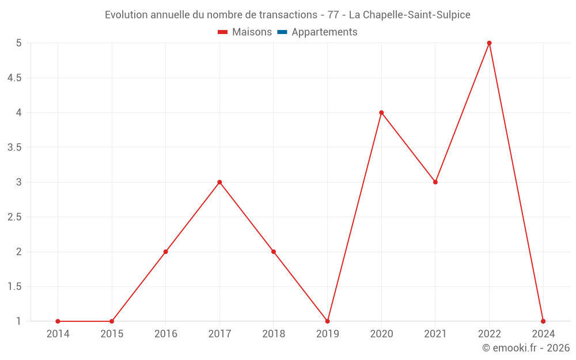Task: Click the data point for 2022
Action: click(489, 43)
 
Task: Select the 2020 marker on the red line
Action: click(381, 112)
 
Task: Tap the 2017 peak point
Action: click(219, 182)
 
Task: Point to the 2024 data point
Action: click(543, 321)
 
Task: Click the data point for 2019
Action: click(327, 321)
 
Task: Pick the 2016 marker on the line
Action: click(165, 252)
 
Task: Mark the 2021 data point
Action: click(435, 182)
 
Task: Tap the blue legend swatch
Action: click(282, 32)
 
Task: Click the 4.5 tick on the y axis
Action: click(14, 78)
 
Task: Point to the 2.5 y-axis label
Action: click(14, 217)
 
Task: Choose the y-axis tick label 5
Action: click(18, 43)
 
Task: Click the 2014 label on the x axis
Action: click(58, 334)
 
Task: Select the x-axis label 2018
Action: click(274, 334)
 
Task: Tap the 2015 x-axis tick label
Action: click(112, 334)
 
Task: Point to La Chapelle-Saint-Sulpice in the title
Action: click(410, 15)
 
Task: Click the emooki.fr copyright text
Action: click(526, 348)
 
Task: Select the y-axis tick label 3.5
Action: click(14, 147)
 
